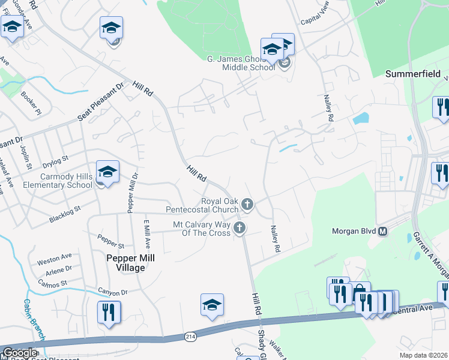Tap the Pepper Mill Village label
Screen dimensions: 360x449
coord(122,263)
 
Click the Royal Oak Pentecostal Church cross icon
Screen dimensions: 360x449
coord(246,205)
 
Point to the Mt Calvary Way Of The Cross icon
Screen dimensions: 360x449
coord(240,227)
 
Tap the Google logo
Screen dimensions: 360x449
coord(20,353)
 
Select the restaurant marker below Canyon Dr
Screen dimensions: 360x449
coord(109,312)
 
